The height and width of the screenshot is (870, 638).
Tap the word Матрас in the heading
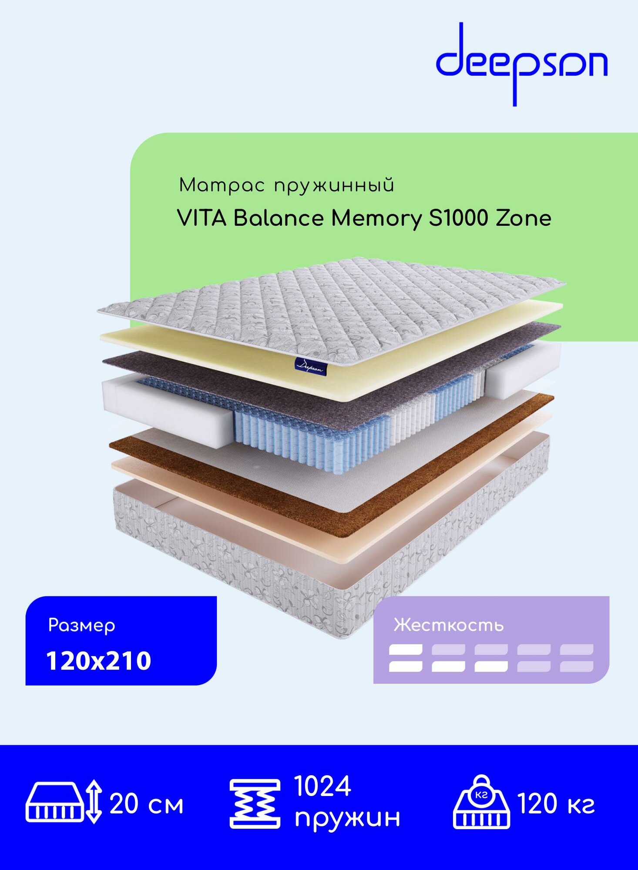pos(222,186)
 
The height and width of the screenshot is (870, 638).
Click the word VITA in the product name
pos(202,218)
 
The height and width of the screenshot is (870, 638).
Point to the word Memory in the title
pos(376,219)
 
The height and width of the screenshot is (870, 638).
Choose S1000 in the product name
pos(458,218)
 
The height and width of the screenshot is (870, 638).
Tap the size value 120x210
pos(99,661)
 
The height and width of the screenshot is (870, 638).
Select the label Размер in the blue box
pos(82,626)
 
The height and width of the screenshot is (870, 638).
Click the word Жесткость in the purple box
pos(449,625)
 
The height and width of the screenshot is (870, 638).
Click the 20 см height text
pos(147,804)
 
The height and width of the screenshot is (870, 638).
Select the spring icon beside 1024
pos(255,804)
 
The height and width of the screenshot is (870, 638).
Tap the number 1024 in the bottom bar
pos(322,786)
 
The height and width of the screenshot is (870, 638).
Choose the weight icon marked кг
pos(481,803)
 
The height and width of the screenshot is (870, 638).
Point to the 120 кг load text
pos(556,804)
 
